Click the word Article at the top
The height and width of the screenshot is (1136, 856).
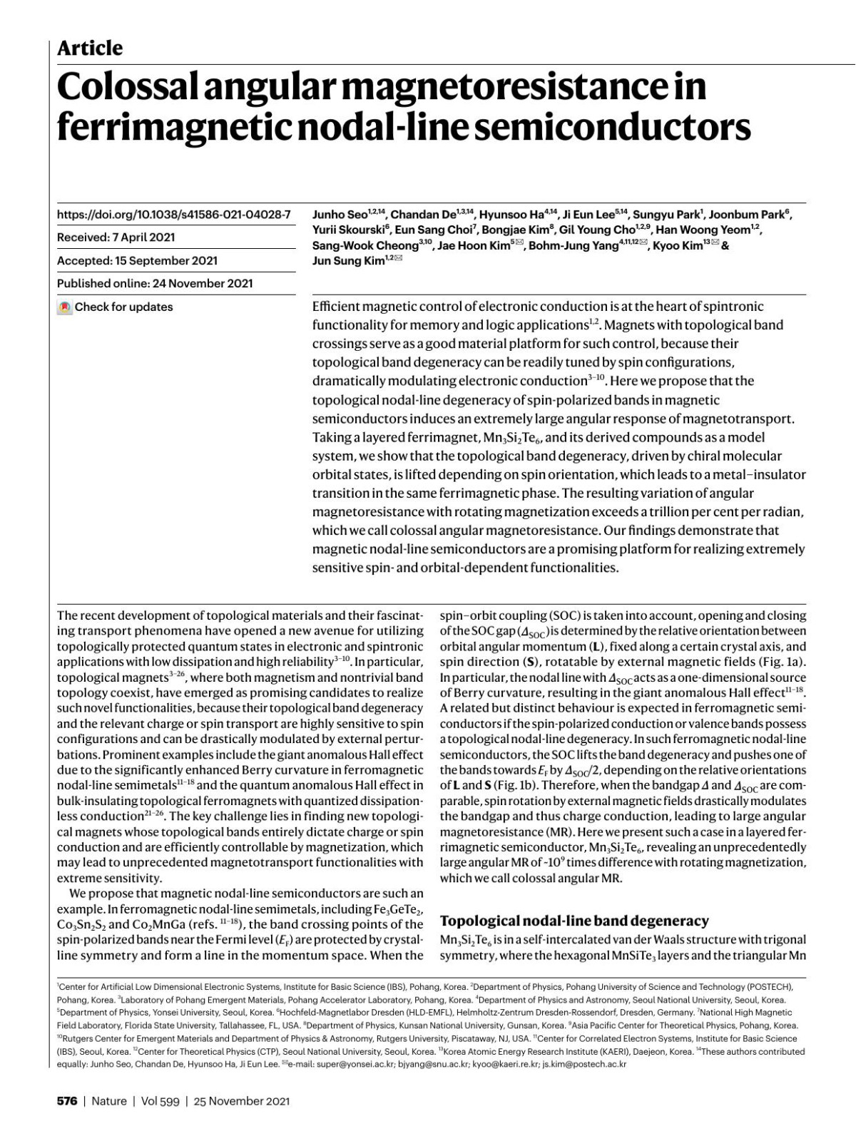click(89, 48)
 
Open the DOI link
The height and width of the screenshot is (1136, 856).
click(174, 214)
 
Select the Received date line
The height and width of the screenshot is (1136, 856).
click(116, 237)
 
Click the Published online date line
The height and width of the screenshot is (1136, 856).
click(155, 283)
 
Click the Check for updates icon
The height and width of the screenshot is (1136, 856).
click(65, 307)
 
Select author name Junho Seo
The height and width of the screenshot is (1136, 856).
click(339, 215)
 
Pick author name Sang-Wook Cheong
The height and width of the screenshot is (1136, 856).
click(365, 245)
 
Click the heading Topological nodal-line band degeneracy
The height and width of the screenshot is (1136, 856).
click(574, 921)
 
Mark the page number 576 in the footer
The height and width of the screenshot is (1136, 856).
click(67, 1101)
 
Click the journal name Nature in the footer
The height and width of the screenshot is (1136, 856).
click(109, 1101)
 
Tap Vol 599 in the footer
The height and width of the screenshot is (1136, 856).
click(160, 1101)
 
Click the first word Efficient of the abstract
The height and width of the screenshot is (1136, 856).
click(336, 307)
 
